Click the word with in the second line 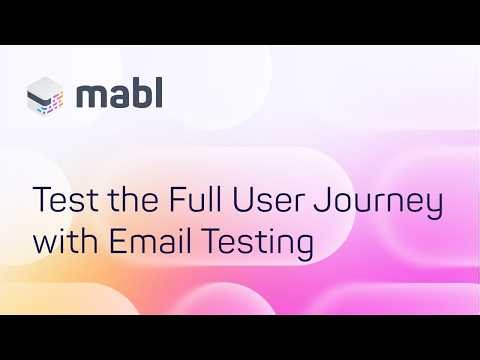(64, 241)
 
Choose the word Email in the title (147, 241)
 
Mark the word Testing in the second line (254, 243)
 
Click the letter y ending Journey (435, 207)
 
